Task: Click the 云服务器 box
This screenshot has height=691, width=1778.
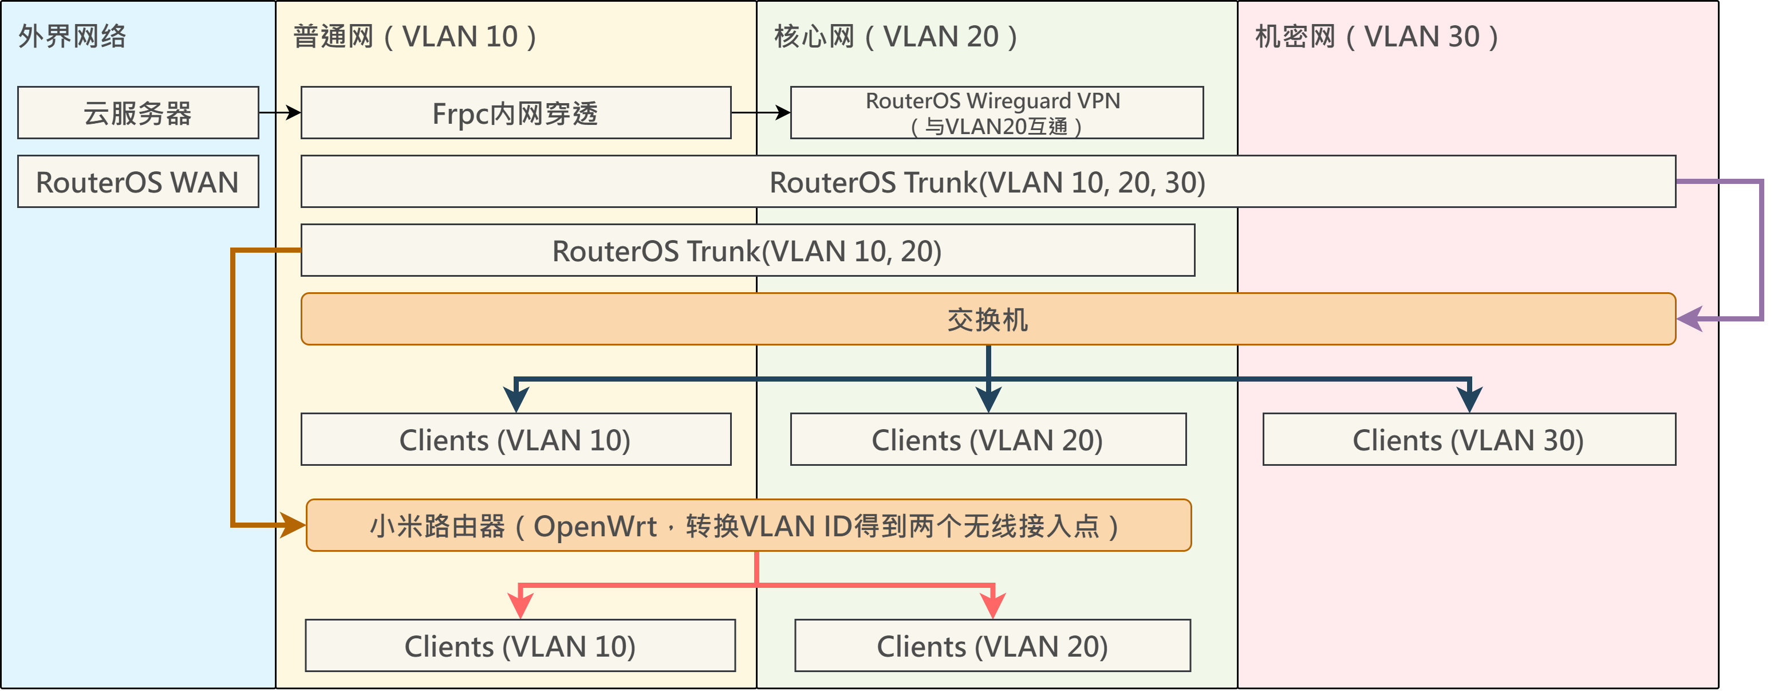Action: tap(138, 112)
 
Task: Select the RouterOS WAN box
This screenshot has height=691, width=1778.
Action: tap(138, 182)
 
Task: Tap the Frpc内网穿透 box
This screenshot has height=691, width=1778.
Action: tap(515, 112)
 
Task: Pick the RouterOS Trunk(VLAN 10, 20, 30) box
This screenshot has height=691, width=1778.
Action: tap(988, 182)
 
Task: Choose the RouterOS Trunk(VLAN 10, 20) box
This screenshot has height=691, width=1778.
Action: tap(747, 250)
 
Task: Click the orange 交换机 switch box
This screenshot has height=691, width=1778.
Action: tap(988, 319)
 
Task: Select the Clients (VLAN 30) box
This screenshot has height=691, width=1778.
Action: tap(1469, 439)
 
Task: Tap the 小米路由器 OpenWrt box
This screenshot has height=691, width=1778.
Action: tap(748, 525)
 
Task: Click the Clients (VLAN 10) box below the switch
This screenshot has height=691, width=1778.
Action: tap(515, 439)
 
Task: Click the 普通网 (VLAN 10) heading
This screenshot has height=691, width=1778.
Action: tap(415, 37)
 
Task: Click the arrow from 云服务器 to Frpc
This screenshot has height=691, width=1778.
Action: tap(280, 112)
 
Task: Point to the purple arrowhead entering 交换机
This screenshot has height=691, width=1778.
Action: tap(1690, 319)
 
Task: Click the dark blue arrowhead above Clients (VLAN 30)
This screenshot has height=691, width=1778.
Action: tap(1469, 399)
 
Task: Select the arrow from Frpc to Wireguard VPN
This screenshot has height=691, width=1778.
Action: tap(760, 112)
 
